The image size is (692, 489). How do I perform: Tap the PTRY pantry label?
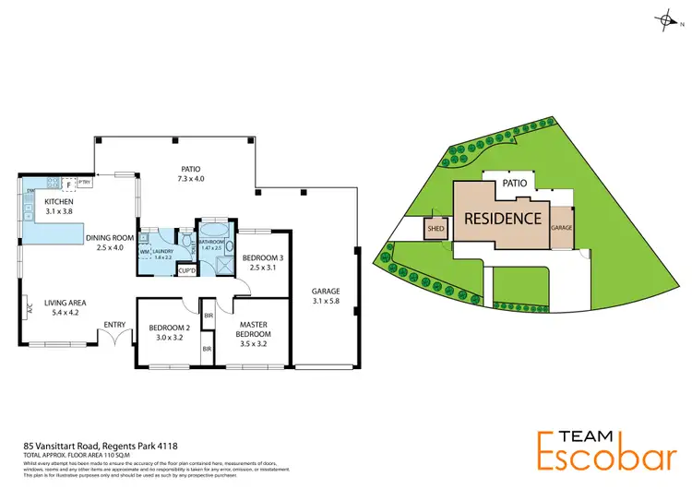point(84,182)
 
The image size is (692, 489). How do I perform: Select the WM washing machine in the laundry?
point(145,251)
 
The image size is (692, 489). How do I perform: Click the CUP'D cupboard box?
point(185,270)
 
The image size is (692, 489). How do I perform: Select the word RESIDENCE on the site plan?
point(502,219)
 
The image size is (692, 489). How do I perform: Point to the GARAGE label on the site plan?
point(561,226)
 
